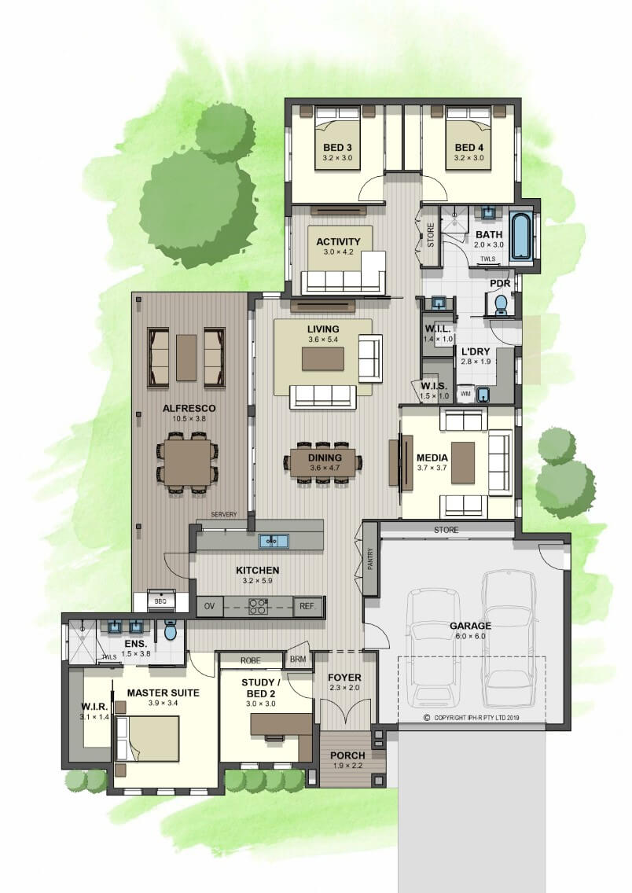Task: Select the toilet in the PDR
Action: [x=501, y=304]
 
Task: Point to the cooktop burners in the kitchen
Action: [x=258, y=606]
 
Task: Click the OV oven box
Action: [x=210, y=607]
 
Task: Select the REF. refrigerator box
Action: [x=307, y=607]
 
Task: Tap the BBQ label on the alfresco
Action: [x=160, y=601]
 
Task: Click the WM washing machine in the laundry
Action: [x=465, y=393]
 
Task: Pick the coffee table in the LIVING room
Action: [x=323, y=359]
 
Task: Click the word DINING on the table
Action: [x=325, y=458]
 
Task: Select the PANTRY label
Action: [x=371, y=559]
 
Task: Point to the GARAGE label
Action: [x=470, y=626]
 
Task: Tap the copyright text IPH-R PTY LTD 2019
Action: [x=476, y=718]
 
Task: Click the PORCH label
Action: [x=347, y=755]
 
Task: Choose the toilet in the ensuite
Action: [x=171, y=630]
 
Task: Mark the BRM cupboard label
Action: [x=298, y=660]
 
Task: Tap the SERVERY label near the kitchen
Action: [x=224, y=514]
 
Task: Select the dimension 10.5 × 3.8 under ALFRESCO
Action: [x=189, y=418]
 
